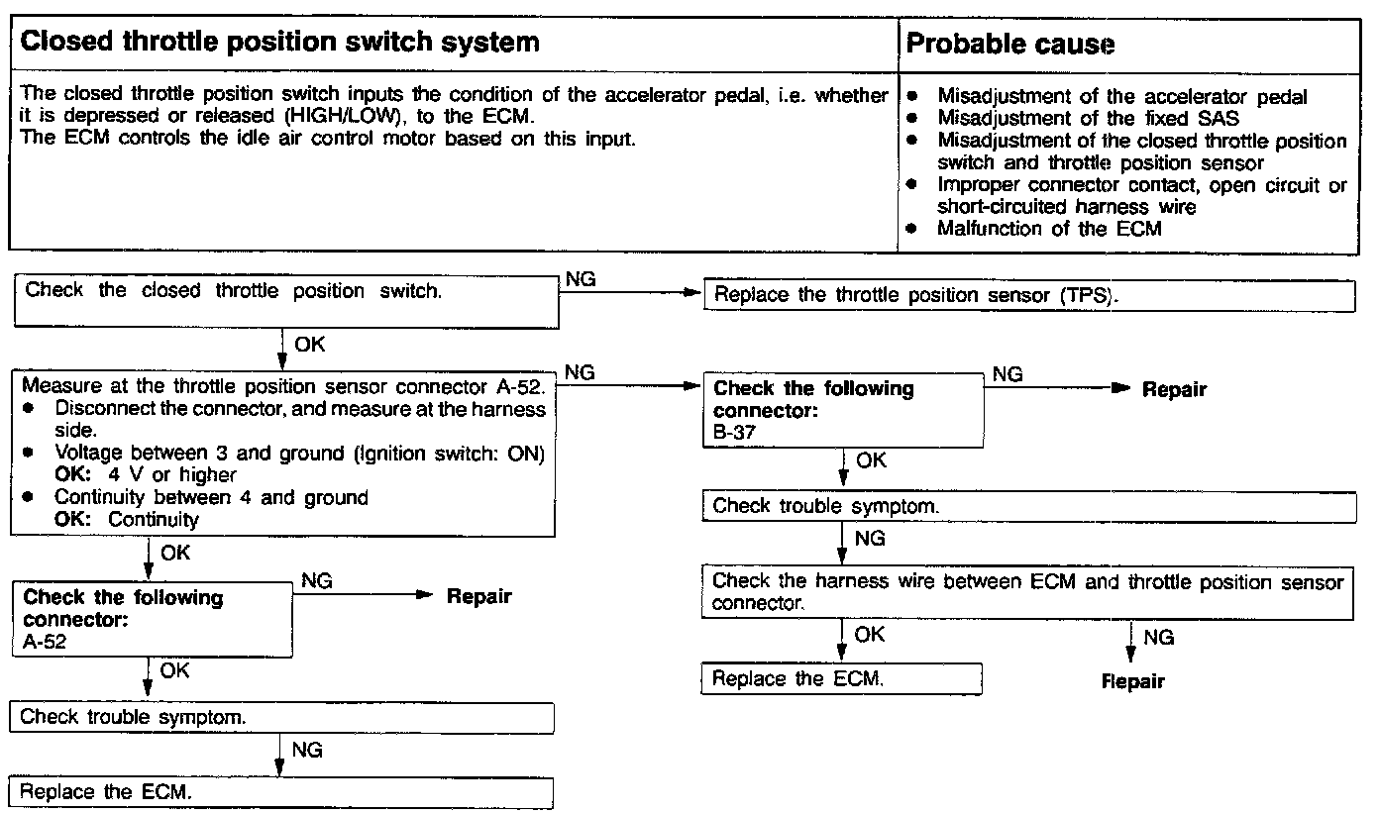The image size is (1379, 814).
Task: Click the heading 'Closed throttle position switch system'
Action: [x=280, y=43]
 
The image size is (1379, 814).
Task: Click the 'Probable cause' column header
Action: [x=1010, y=45]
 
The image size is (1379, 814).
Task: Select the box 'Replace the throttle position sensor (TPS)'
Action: [x=1028, y=296]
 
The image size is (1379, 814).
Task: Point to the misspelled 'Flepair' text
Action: [x=1132, y=681]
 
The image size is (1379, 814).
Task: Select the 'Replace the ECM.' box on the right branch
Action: [x=842, y=679]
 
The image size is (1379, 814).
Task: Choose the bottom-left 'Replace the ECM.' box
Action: [x=280, y=792]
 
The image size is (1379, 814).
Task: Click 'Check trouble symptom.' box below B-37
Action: [x=1028, y=506]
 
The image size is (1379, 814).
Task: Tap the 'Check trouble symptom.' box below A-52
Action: [x=280, y=716]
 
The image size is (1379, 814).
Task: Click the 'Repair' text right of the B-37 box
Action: [x=1174, y=389]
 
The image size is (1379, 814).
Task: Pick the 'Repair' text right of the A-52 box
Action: [x=478, y=596]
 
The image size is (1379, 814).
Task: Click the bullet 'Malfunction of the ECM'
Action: [x=1049, y=229]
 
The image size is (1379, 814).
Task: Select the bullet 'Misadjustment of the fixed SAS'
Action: [x=1088, y=119]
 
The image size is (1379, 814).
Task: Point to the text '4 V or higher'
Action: [x=172, y=474]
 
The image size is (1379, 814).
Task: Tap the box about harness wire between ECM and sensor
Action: [x=1028, y=592]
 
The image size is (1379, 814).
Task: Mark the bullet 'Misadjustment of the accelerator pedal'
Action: [x=1121, y=97]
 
